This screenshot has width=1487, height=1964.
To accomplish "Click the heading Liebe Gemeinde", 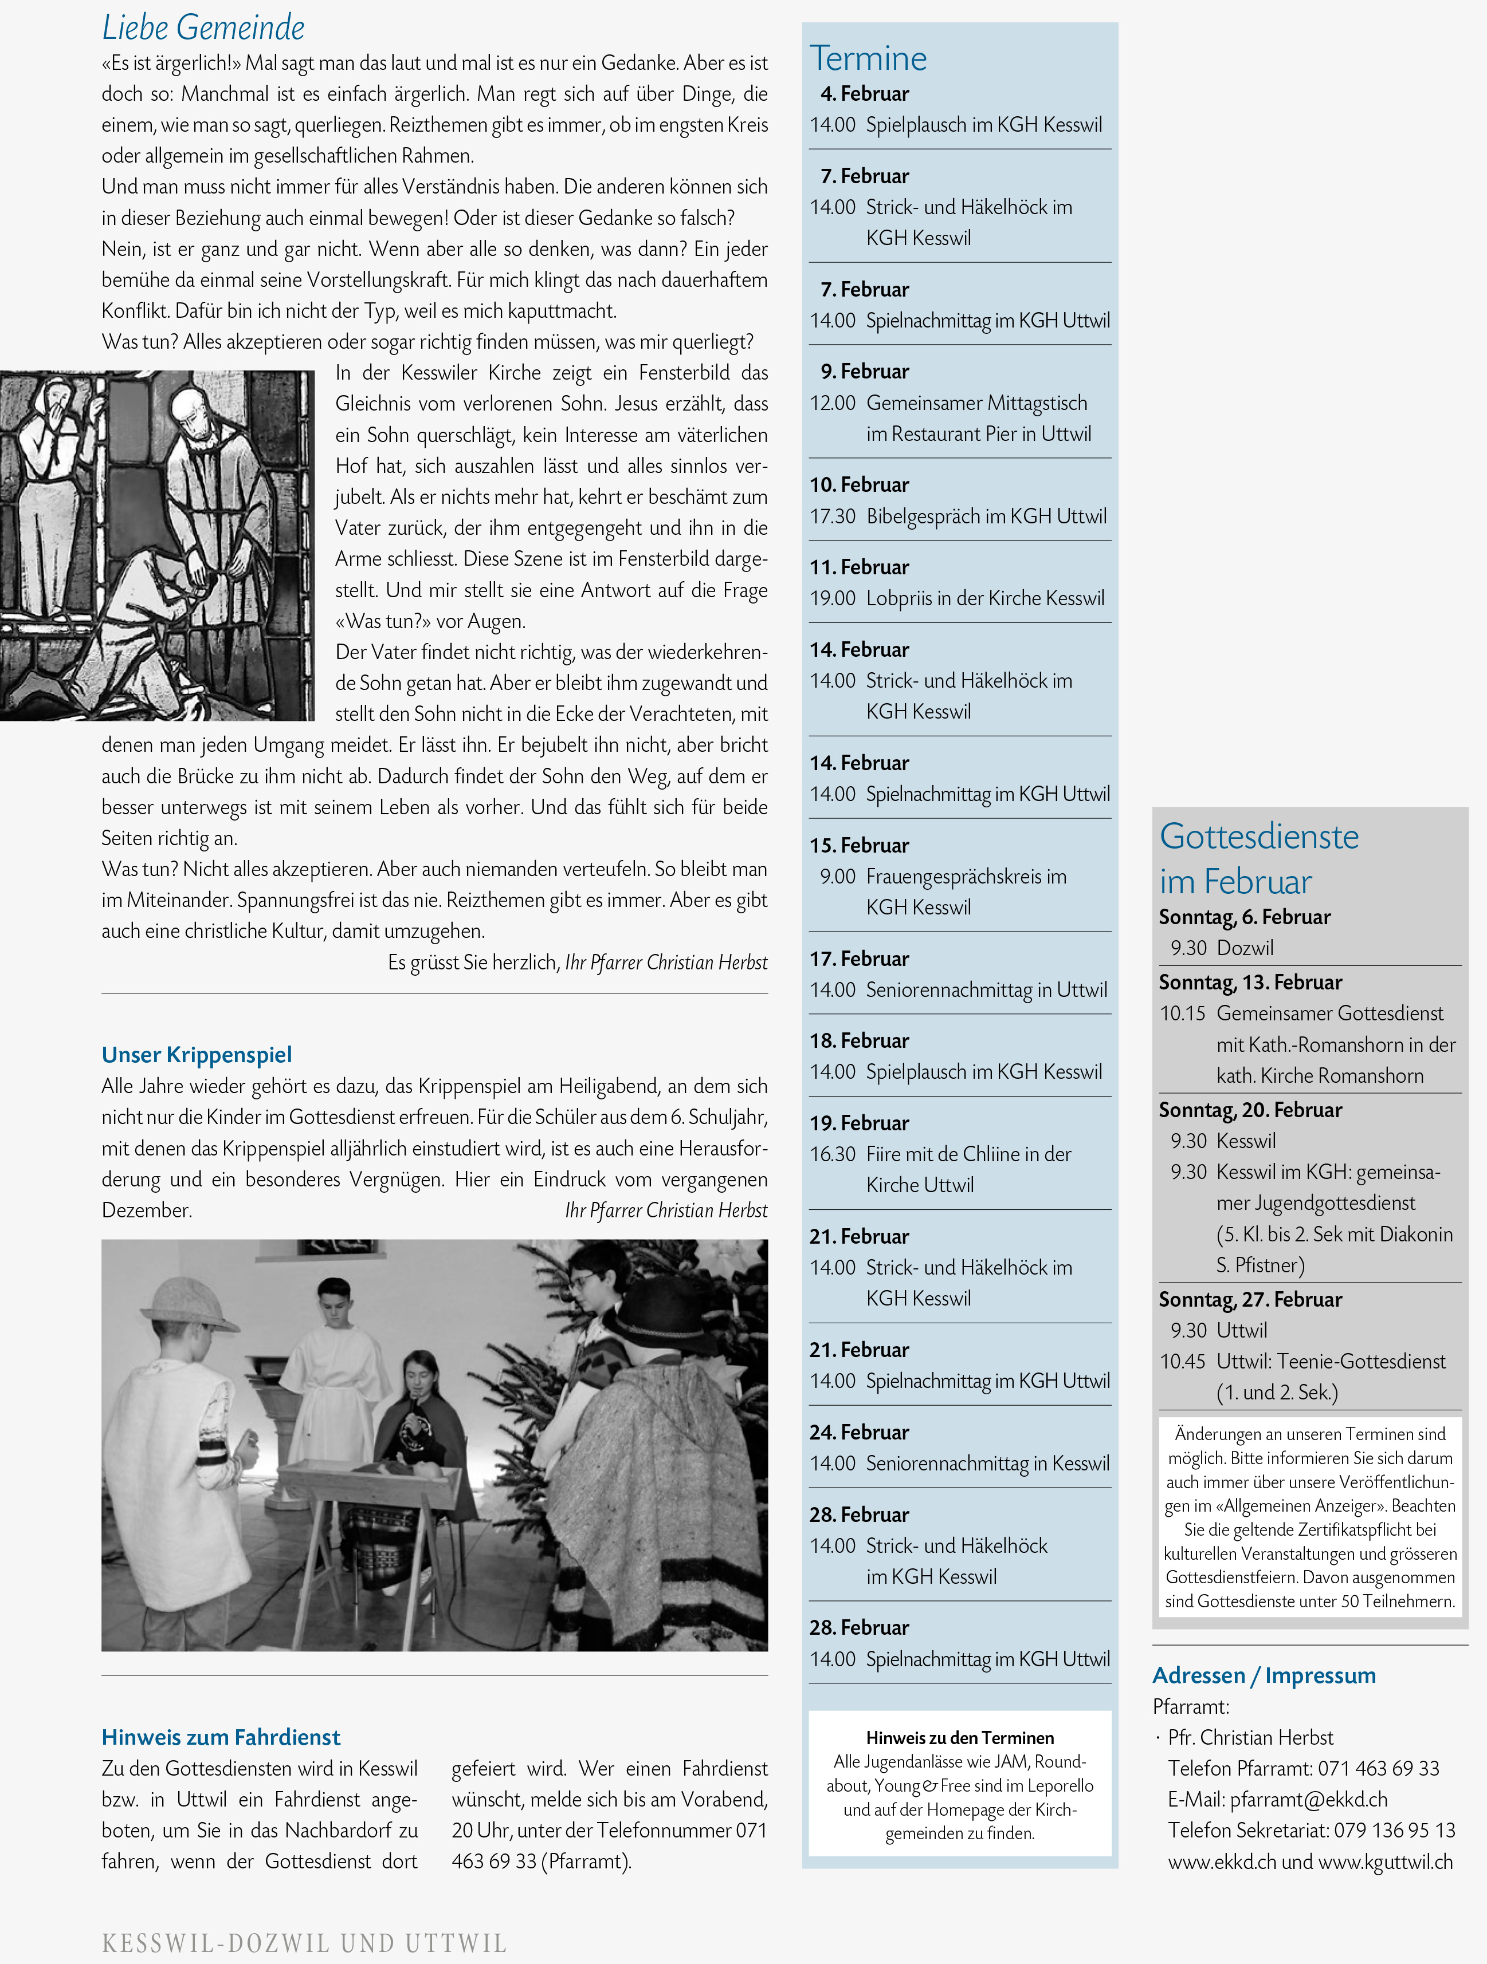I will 203,27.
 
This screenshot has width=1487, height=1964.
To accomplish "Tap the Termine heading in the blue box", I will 868,58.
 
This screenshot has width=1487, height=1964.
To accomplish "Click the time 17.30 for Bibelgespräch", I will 833,516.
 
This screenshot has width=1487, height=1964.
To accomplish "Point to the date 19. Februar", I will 859,1122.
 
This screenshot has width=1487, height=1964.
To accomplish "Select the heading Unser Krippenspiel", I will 197,1054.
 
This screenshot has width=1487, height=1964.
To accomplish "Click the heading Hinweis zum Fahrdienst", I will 220,1737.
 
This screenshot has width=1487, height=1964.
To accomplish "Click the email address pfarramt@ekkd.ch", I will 1308,1799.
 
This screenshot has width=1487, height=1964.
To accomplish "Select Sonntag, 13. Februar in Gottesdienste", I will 1250,982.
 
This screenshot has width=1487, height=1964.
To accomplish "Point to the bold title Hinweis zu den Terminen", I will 959,1738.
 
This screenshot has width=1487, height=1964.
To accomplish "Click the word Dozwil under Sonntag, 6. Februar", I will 1245,948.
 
